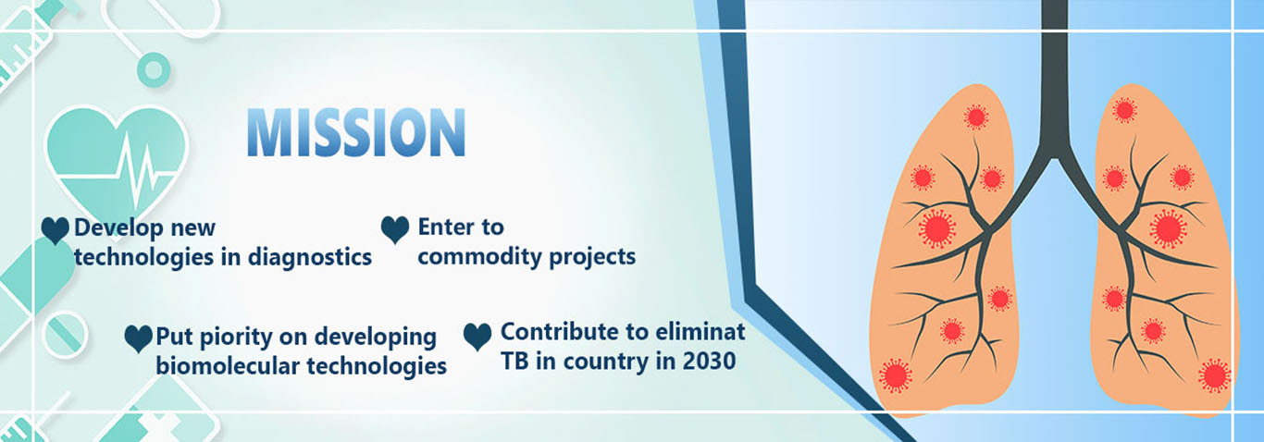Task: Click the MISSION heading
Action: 356,132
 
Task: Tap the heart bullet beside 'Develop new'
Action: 56,230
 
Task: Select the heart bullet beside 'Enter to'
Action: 395,230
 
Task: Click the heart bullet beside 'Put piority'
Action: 138,339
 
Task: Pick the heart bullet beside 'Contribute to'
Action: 477,337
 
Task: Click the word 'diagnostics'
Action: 310,258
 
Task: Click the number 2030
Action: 709,361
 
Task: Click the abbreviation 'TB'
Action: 514,361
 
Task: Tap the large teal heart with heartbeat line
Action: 117,164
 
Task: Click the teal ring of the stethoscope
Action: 153,70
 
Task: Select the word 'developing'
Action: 375,338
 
